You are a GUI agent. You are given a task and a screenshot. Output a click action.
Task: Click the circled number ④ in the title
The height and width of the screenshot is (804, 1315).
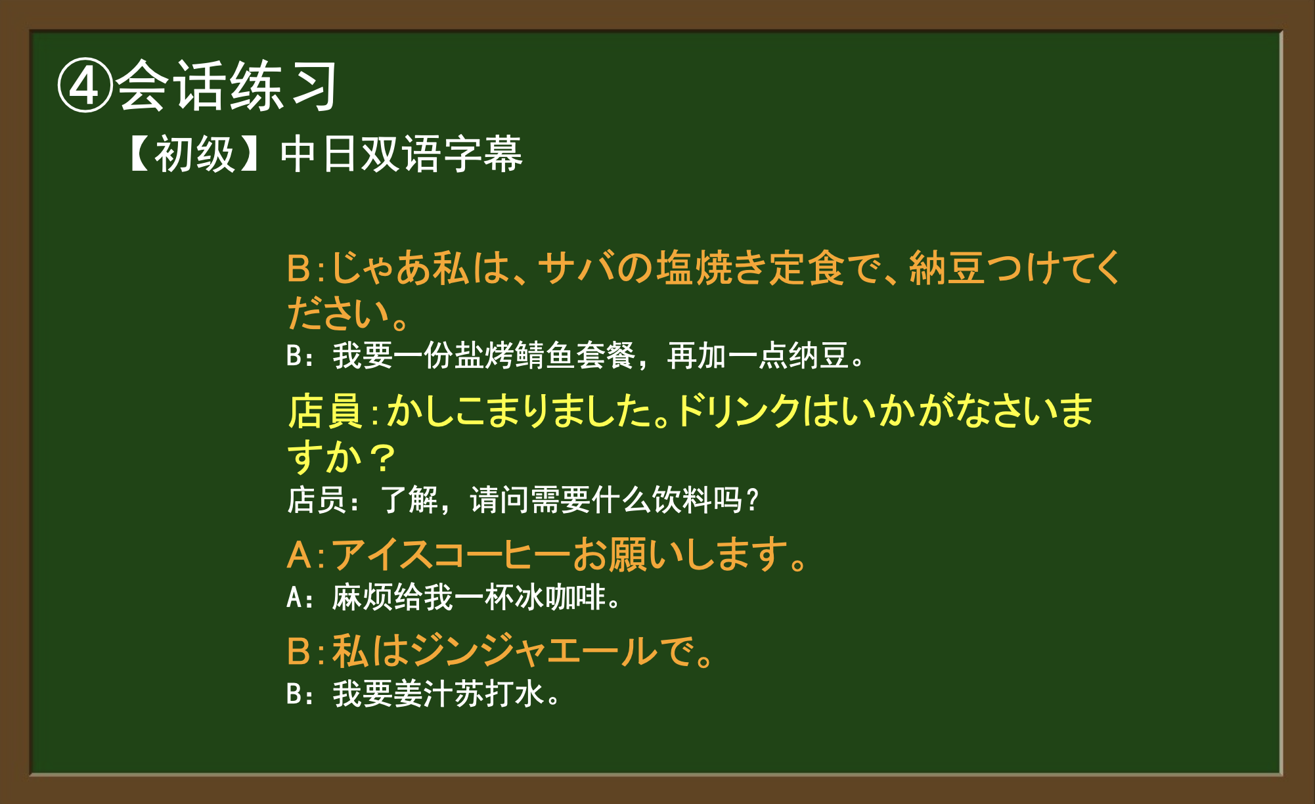85,86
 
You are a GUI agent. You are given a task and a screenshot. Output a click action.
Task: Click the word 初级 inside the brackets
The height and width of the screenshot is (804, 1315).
195,155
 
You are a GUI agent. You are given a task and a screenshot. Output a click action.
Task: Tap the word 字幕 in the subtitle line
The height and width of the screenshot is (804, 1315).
482,155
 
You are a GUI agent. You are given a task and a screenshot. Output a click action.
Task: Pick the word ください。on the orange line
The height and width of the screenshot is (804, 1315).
349,313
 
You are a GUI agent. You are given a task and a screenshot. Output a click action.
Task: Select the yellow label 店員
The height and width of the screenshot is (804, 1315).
325,412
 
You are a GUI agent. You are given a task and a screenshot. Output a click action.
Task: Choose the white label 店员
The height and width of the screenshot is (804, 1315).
317,500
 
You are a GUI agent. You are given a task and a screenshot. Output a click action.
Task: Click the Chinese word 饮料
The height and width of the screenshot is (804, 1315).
682,500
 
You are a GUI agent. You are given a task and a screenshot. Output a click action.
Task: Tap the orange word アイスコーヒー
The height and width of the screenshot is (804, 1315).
451,555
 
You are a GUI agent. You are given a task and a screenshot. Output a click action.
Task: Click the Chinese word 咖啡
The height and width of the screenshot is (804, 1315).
575,598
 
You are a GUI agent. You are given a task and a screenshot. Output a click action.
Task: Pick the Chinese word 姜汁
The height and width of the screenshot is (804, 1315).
423,694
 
